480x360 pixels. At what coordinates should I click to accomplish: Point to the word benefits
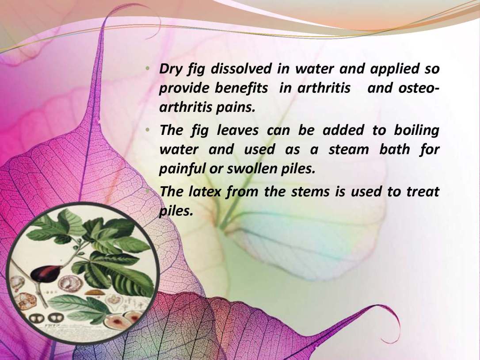(x=241, y=88)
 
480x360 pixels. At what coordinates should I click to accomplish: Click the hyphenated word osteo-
(x=419, y=88)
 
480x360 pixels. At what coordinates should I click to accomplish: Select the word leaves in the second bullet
(x=237, y=130)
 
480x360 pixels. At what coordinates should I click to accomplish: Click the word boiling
(x=416, y=130)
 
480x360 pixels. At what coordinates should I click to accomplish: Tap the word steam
(x=349, y=150)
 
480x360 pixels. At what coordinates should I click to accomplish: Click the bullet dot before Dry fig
(x=148, y=68)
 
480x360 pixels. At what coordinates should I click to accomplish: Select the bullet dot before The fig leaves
(x=148, y=130)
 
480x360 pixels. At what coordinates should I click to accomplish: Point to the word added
(x=343, y=130)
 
